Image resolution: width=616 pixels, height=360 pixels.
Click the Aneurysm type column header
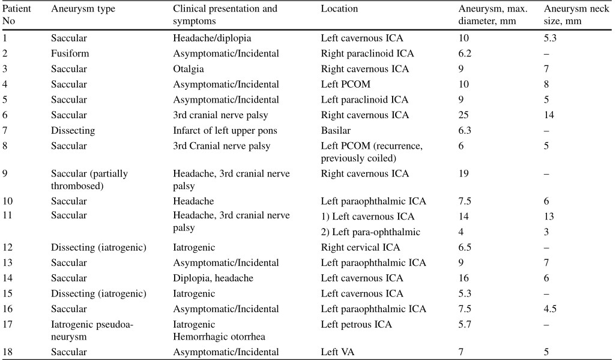pos(83,9)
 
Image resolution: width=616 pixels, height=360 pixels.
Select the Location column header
pos(339,8)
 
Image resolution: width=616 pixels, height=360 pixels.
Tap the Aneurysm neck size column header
pos(576,14)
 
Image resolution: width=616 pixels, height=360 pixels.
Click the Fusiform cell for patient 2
pos(70,53)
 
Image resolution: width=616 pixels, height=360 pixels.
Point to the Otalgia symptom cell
pos(188,69)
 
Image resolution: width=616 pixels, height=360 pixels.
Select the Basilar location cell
pos(336,130)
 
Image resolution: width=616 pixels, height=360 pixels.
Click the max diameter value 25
pos(464,115)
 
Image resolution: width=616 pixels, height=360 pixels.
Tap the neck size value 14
pos(549,115)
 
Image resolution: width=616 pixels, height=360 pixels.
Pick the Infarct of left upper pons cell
pos(225,131)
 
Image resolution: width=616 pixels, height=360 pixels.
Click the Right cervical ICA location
pos(360,247)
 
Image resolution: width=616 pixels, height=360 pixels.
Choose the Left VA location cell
pos(337,352)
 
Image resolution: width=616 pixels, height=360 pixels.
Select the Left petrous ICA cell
pos(356,324)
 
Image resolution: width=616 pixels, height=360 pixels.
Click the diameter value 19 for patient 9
pos(464,173)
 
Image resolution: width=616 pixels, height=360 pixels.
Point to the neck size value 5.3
pos(550,38)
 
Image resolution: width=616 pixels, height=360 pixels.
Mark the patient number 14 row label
pos(7,278)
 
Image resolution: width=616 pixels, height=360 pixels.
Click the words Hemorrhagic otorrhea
pos(219,337)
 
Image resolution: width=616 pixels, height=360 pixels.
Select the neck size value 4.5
pos(550,309)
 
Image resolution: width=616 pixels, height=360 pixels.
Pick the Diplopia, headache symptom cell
pos(213,278)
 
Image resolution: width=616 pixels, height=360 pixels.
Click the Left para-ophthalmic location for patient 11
pos(370,232)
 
